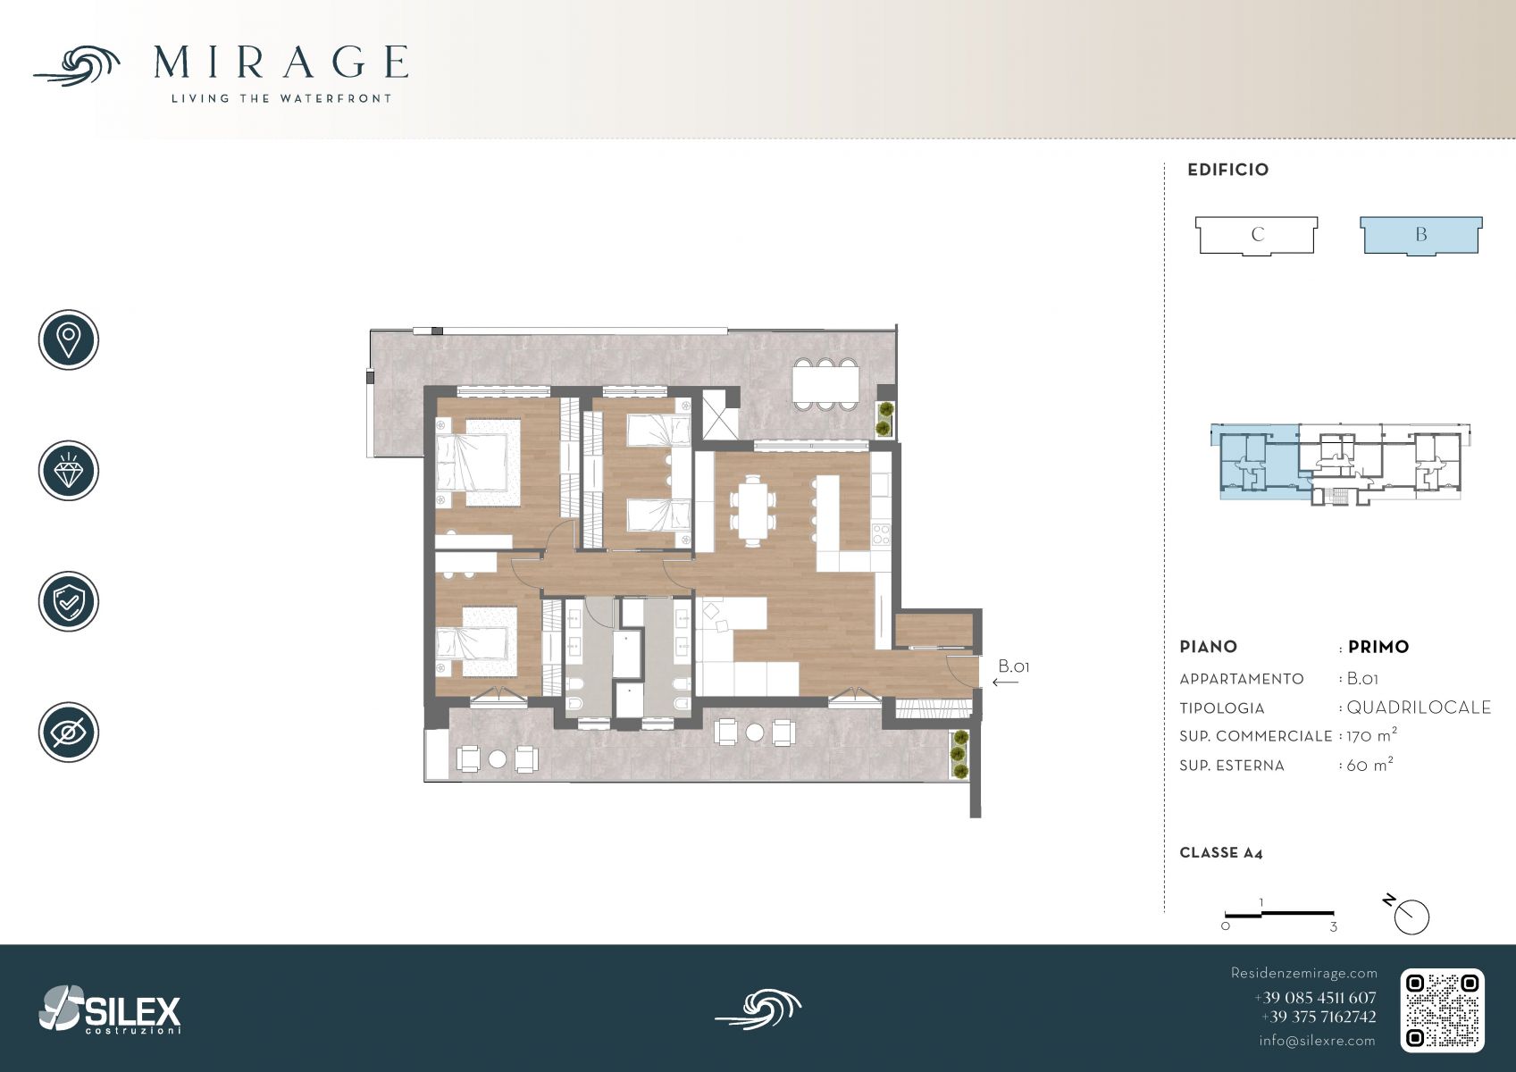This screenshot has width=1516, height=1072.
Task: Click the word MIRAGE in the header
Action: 281,63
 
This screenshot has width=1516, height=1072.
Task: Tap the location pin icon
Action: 69,339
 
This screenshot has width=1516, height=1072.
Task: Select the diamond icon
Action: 69,471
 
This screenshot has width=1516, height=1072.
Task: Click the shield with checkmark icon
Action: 69,601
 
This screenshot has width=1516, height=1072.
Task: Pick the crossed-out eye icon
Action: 69,732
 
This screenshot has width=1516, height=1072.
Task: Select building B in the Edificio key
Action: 1421,236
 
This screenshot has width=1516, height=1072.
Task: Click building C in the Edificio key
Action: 1257,236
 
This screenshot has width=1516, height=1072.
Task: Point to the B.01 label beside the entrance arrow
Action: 1013,666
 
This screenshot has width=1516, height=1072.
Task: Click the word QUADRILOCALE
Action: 1419,708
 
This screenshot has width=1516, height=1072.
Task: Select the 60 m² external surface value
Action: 1369,765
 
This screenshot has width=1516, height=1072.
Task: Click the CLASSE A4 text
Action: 1221,853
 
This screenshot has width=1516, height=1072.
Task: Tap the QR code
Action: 1442,1010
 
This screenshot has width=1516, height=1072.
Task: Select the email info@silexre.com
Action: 1317,1041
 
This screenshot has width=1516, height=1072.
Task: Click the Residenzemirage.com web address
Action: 1303,973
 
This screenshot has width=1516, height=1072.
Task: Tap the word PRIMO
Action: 1378,647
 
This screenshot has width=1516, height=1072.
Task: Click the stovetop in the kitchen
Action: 881,534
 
